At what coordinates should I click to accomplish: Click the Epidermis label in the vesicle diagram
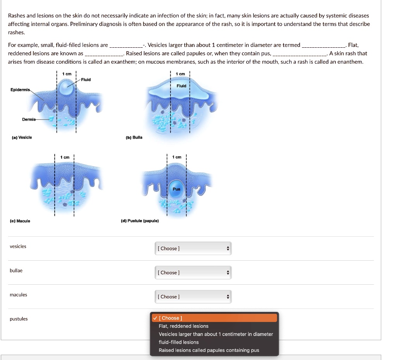(20, 90)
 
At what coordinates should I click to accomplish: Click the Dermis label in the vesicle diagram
(29, 119)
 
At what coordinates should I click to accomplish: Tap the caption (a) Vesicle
(22, 137)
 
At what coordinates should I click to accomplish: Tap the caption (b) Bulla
(134, 137)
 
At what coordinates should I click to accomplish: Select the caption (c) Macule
(20, 221)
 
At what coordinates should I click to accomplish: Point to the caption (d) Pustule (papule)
(140, 221)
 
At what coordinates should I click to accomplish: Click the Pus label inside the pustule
(176, 189)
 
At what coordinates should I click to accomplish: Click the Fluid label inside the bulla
(181, 86)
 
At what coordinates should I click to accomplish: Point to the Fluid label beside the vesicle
(86, 80)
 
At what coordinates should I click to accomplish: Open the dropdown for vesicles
(193, 249)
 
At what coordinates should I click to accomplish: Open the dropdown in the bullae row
(193, 273)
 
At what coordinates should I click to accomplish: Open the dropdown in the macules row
(193, 297)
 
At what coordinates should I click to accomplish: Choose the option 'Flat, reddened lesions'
(183, 326)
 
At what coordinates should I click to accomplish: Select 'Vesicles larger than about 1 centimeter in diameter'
(216, 334)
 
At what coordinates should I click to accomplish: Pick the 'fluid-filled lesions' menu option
(178, 342)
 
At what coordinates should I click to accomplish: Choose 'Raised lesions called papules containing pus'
(209, 350)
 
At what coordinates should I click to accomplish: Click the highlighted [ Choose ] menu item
(214, 318)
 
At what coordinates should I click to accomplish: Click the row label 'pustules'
(19, 319)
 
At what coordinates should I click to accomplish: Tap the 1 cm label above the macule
(65, 157)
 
